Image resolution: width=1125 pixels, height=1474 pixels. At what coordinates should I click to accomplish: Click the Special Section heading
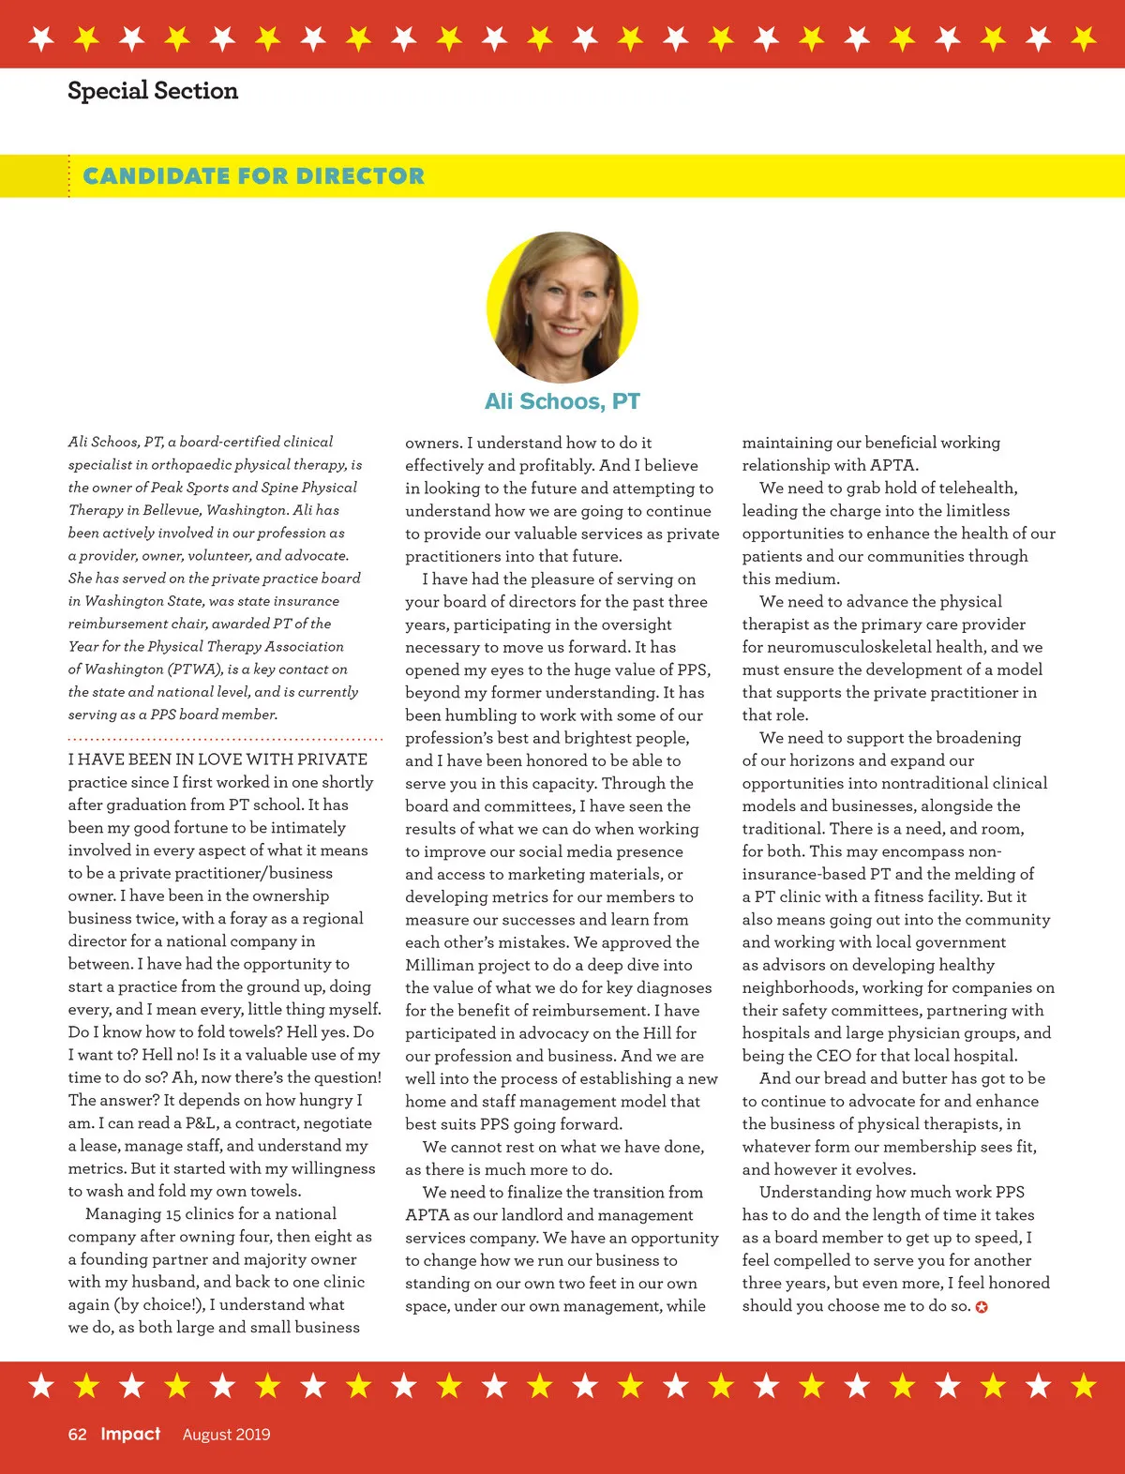click(153, 91)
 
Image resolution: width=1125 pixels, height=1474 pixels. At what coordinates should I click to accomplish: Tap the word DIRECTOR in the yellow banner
click(360, 176)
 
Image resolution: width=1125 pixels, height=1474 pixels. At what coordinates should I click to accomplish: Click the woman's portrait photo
click(562, 307)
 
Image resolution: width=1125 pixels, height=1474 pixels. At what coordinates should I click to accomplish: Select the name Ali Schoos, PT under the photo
click(562, 401)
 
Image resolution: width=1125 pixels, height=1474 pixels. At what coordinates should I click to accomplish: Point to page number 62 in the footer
click(77, 1434)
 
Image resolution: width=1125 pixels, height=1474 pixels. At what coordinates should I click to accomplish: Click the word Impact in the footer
click(130, 1434)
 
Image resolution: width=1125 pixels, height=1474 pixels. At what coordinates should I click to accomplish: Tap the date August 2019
click(226, 1434)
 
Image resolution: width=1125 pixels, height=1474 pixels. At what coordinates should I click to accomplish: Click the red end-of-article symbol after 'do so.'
click(982, 1307)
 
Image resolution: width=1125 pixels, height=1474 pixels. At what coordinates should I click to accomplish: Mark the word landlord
click(526, 1215)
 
